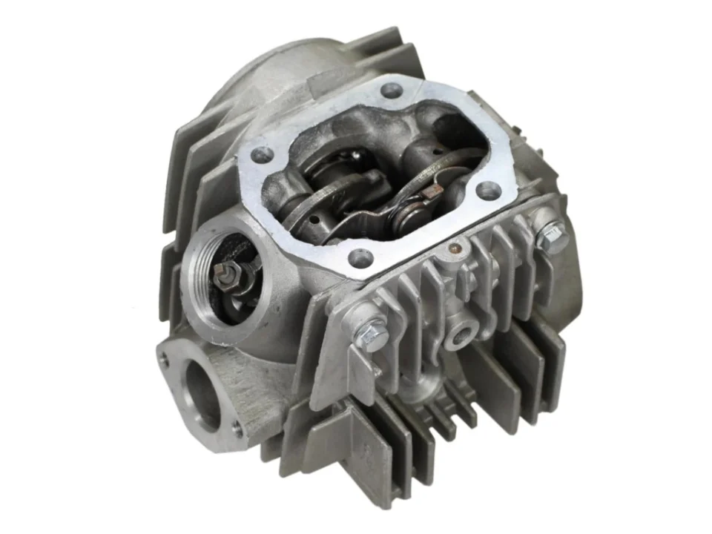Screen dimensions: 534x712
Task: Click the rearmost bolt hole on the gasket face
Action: (x=391, y=92)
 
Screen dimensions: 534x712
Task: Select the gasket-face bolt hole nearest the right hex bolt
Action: (x=487, y=190)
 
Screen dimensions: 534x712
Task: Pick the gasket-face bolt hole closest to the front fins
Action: (x=361, y=258)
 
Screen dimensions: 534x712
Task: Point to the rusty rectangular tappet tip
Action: (x=428, y=192)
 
